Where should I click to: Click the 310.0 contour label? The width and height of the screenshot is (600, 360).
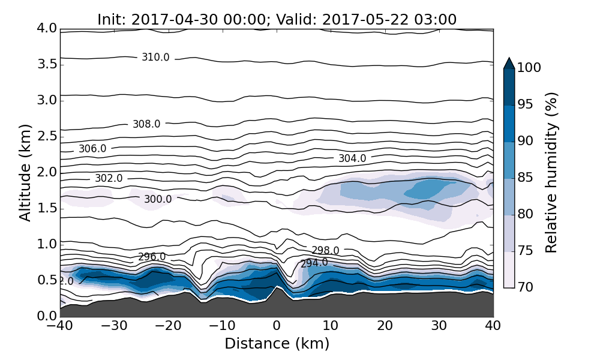[x=155, y=58]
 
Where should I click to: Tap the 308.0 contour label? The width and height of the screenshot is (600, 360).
[x=146, y=124]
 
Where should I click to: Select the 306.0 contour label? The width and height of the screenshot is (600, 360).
[x=92, y=149]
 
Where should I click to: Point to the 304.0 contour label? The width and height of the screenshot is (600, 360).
[x=352, y=158]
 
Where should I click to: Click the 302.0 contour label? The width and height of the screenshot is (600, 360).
[x=109, y=179]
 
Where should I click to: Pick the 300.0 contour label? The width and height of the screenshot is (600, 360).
[x=158, y=199]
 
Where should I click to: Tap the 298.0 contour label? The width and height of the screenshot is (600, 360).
[x=325, y=250]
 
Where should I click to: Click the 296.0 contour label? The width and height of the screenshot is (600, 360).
[x=152, y=257]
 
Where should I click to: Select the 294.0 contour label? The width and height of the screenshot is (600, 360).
[x=314, y=263]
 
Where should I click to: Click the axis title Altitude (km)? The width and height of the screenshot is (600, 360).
[x=25, y=172]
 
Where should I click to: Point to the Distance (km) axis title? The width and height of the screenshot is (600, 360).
[x=277, y=344]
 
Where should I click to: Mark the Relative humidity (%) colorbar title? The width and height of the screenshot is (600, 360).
[x=552, y=172]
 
